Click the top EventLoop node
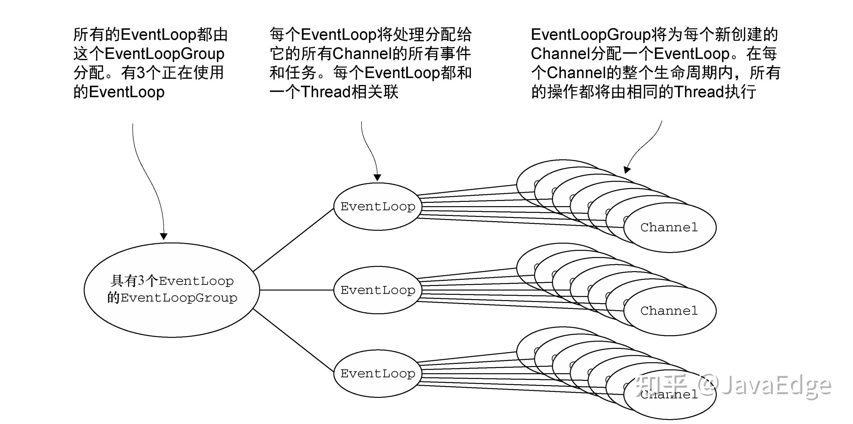pyautogui.click(x=378, y=206)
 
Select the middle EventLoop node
pyautogui.click(x=378, y=290)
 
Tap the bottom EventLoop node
pyautogui.click(x=378, y=373)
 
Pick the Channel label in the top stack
pyautogui.click(x=669, y=227)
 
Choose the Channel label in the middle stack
pyautogui.click(x=669, y=311)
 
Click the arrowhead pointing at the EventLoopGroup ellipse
pyautogui.click(x=164, y=236)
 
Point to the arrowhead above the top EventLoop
pyautogui.click(x=377, y=177)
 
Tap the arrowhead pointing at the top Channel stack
pyautogui.click(x=626, y=170)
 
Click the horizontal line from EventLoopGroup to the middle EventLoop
pyautogui.click(x=296, y=290)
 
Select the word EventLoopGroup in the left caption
pyautogui.click(x=164, y=54)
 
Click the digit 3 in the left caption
pyautogui.click(x=141, y=72)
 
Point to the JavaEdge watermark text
pyautogui.click(x=765, y=385)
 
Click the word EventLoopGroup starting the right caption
pyautogui.click(x=591, y=35)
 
